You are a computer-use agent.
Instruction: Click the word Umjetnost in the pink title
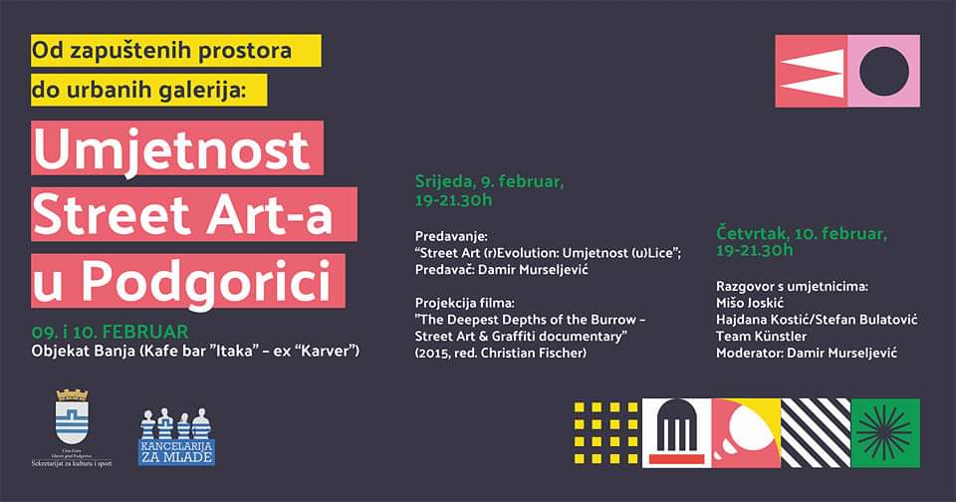(x=172, y=150)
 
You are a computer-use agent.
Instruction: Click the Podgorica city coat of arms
(x=72, y=417)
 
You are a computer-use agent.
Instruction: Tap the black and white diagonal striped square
(x=816, y=432)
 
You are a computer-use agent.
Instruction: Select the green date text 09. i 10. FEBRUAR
(x=110, y=331)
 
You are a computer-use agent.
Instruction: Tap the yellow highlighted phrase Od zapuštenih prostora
(x=175, y=50)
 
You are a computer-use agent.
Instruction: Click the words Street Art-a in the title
(x=194, y=215)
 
